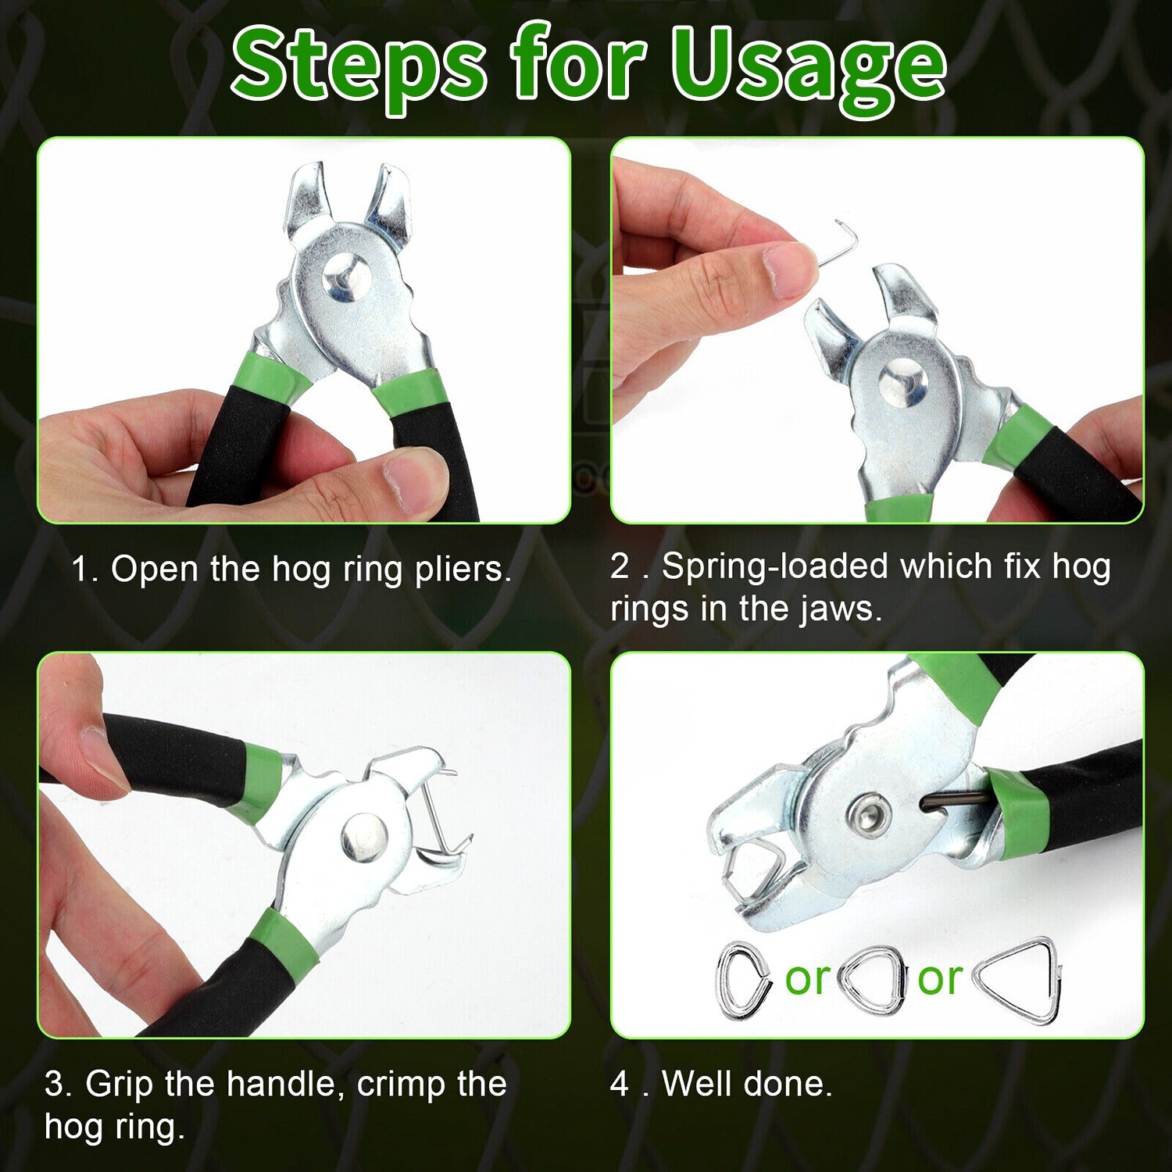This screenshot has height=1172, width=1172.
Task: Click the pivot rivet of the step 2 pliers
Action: coord(903,382)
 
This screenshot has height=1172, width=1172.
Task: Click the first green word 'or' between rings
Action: coord(807,980)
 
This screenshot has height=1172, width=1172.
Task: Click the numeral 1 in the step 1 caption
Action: coord(80,570)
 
